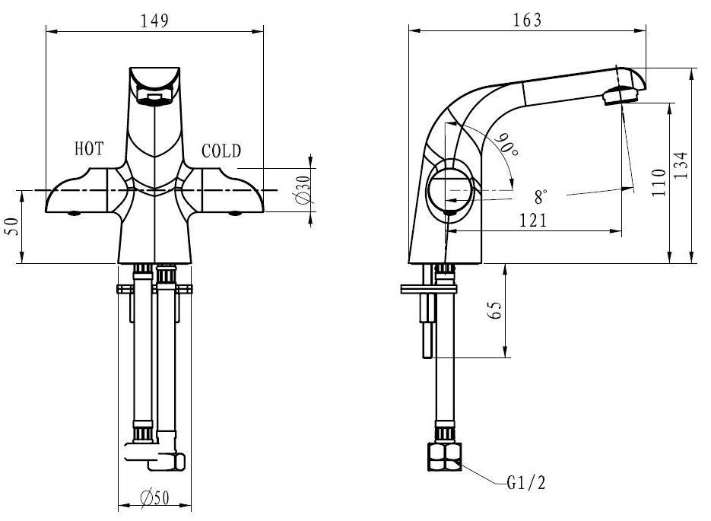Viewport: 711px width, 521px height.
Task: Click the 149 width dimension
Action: point(154,21)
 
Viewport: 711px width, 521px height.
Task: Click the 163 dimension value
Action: point(527,21)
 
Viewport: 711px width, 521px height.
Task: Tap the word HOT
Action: point(89,149)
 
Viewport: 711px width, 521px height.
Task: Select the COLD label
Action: point(221,151)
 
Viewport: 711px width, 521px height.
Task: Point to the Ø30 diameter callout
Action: point(303,189)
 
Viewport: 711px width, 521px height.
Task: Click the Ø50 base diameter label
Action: point(154,498)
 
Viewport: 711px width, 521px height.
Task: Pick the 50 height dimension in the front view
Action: point(12,226)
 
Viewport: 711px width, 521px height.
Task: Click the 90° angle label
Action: point(506,145)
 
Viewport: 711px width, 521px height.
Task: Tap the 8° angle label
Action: point(541,197)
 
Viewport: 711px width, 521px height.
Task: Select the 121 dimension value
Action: point(533,221)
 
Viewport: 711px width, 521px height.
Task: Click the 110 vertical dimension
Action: point(659,183)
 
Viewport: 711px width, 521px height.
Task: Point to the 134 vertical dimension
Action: point(681,165)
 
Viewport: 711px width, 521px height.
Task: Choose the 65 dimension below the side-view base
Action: point(495,310)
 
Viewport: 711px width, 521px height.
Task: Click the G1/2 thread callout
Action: point(525,484)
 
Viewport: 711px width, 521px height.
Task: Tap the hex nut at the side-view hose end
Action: point(444,457)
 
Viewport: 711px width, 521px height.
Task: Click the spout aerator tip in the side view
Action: point(621,96)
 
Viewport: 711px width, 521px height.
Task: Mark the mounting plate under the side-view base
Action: point(429,289)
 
